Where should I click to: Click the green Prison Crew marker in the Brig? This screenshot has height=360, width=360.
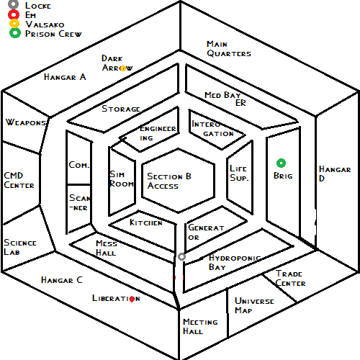point(281,163)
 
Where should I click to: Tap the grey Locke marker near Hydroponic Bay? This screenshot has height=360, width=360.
point(181,256)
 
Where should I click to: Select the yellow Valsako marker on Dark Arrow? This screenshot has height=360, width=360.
point(123,68)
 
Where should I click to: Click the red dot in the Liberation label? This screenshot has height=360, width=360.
point(132,299)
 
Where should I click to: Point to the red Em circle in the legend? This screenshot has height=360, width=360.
point(14,14)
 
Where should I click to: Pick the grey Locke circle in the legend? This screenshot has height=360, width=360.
point(14,4)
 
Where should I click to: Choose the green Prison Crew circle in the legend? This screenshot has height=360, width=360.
point(15,33)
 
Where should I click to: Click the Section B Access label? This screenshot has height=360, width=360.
point(169,181)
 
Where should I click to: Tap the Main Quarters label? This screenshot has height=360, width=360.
point(229,49)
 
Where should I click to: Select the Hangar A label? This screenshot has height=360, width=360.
point(65,77)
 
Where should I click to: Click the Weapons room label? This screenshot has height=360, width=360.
point(26,122)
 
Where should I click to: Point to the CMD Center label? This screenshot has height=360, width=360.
point(19,180)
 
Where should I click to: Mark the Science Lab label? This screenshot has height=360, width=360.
point(20,247)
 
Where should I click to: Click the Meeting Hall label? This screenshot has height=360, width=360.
point(200,326)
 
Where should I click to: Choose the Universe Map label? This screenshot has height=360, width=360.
point(254,305)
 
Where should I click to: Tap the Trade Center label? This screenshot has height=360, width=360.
point(290,278)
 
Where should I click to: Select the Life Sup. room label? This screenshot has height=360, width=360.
point(239,173)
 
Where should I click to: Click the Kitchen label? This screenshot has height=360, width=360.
point(146,222)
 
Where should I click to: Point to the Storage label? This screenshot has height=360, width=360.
point(121,109)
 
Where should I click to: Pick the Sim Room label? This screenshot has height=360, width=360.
point(122,179)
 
